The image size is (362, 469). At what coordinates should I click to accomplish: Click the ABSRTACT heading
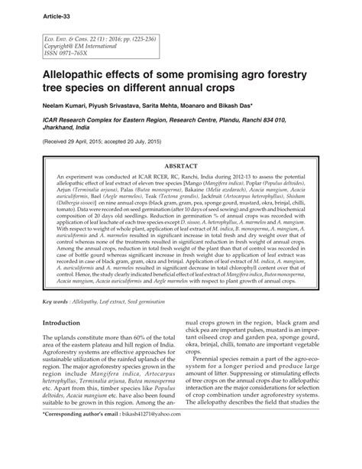[x=180, y=164]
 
